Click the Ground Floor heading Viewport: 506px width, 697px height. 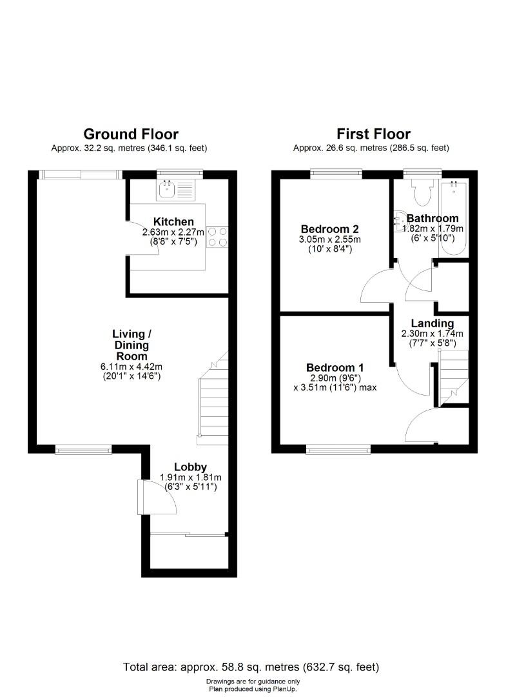pyautogui.click(x=131, y=134)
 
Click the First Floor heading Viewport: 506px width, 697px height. pyautogui.click(x=373, y=134)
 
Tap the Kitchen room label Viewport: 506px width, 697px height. pyautogui.click(x=173, y=222)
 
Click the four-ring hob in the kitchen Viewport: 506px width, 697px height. pyautogui.click(x=218, y=236)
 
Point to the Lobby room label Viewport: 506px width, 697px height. pyautogui.click(x=190, y=467)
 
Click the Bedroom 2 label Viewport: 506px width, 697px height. pyautogui.click(x=330, y=229)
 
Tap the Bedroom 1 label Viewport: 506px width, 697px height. pyautogui.click(x=331, y=368)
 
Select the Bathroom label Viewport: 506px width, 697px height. pyautogui.click(x=433, y=218)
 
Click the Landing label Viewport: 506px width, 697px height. pyautogui.click(x=433, y=323)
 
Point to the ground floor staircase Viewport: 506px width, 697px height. pyautogui.click(x=213, y=400)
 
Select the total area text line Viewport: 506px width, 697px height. pyautogui.click(x=251, y=667)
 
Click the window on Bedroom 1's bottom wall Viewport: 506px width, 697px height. pyautogui.click(x=338, y=450)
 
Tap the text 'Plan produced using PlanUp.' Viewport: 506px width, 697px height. pyautogui.click(x=253, y=689)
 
